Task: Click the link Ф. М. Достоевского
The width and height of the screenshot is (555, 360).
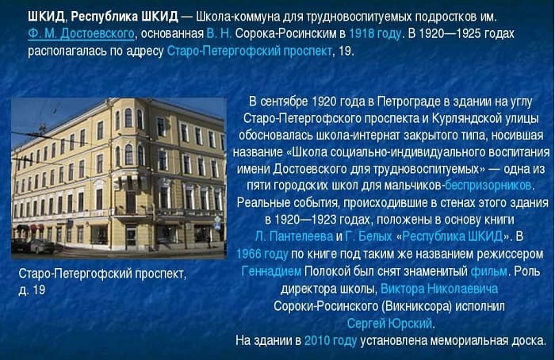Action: point(80,33)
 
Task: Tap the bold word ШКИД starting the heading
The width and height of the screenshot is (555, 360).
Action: point(45,17)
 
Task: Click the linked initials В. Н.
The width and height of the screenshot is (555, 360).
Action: point(220,33)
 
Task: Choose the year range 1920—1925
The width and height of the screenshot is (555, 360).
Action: point(453,33)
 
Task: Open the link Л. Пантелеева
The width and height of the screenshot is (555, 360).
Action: point(293,236)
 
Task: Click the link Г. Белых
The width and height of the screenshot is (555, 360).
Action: point(369,236)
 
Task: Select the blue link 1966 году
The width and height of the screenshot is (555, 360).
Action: point(262,254)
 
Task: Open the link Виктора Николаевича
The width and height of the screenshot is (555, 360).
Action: point(438,288)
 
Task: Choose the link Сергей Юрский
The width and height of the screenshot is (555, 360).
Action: point(389,323)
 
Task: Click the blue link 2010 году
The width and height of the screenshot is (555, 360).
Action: point(331,340)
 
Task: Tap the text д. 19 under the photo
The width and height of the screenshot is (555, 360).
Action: point(32,290)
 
